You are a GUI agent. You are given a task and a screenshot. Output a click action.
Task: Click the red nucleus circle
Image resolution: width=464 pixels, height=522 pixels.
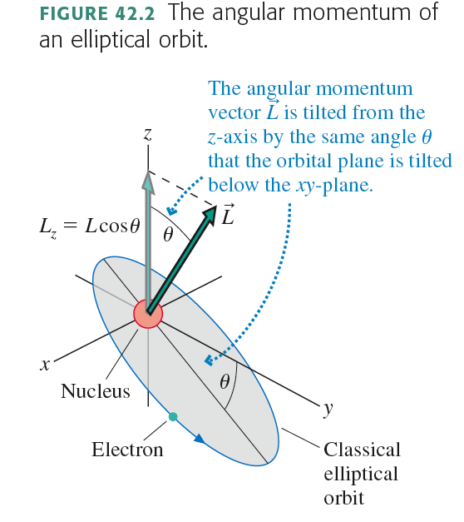(x=148, y=314)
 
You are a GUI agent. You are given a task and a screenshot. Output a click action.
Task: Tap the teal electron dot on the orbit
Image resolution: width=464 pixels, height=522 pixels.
(x=173, y=416)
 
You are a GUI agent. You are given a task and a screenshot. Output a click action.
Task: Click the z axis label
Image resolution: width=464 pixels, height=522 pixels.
(x=148, y=134)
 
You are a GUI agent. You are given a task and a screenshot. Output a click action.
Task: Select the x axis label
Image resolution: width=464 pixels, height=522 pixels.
(x=45, y=365)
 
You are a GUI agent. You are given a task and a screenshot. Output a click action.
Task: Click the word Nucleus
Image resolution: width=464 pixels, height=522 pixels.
(x=95, y=390)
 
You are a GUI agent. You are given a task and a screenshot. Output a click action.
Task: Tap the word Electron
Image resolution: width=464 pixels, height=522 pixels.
(x=127, y=450)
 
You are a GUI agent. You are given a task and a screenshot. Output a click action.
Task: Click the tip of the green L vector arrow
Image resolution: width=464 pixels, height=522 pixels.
(x=216, y=206)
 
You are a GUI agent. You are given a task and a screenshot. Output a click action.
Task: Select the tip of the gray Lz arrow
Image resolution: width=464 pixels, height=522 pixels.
(x=148, y=172)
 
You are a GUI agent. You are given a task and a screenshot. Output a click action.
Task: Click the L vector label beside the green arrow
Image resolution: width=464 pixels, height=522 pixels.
(x=228, y=215)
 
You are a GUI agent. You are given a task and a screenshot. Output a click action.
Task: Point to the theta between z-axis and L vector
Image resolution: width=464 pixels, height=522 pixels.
(x=168, y=235)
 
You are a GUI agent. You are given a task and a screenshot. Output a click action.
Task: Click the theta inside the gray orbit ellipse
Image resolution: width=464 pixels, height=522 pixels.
(x=225, y=381)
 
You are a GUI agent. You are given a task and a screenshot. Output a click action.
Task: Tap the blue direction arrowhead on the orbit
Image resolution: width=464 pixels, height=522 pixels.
(x=200, y=439)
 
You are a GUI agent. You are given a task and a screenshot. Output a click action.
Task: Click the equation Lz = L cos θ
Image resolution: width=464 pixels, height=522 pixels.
(x=90, y=226)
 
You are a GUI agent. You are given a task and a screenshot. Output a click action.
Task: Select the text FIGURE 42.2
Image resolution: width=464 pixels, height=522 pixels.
(x=97, y=13)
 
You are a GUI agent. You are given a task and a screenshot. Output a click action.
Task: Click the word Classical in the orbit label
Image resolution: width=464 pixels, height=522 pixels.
(x=363, y=450)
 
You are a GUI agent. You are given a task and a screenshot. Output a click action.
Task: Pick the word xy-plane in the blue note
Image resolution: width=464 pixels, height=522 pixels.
(x=334, y=185)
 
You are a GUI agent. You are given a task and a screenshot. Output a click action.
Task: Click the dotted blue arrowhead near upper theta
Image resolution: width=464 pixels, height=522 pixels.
(x=171, y=211)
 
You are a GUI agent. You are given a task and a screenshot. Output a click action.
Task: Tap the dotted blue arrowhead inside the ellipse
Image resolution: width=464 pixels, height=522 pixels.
(x=209, y=360)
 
